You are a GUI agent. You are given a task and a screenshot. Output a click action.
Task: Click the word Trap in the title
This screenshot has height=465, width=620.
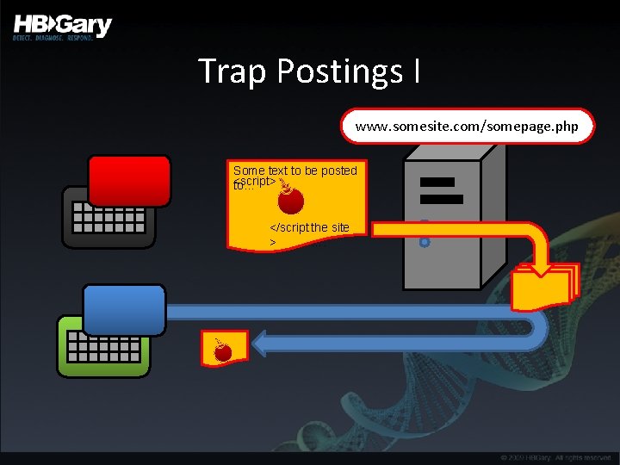click(232, 71)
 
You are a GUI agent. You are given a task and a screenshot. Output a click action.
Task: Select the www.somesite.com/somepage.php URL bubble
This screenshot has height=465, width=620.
click(468, 127)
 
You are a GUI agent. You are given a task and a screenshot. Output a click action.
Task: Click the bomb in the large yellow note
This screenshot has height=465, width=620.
click(291, 199)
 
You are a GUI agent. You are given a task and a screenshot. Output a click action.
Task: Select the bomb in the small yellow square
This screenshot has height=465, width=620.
click(223, 350)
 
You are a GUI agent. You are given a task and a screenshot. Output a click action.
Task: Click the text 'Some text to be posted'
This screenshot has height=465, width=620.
click(294, 170)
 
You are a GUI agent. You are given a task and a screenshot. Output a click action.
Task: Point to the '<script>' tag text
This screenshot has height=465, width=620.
click(257, 182)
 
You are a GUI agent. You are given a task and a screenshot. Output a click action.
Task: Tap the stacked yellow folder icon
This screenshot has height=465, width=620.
click(543, 285)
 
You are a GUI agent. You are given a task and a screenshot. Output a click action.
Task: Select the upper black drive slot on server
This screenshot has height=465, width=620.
click(438, 183)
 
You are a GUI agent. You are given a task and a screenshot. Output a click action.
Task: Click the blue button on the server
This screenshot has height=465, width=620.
click(425, 243)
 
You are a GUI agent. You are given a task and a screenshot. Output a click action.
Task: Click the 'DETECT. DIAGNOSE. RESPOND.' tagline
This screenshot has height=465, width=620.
click(53, 39)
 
